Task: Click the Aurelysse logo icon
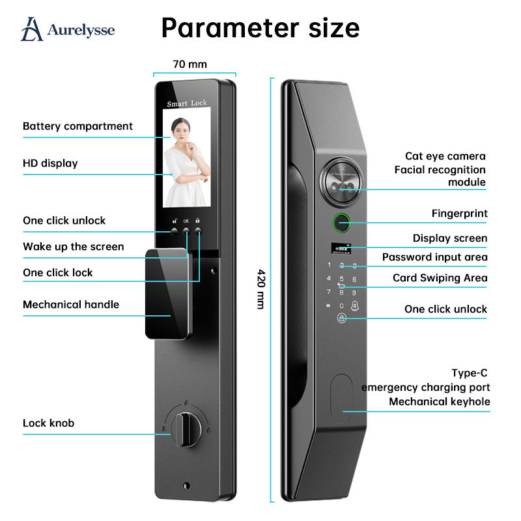pos(33,29)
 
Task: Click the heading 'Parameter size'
pos(260,28)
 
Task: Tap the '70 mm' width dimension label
pos(190,64)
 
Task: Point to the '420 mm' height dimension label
pos(260,289)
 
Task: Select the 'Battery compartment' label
pos(77,126)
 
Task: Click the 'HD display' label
pos(50,163)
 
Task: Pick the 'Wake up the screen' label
pos(73,246)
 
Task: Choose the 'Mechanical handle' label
pos(71,304)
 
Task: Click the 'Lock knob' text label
pos(49,423)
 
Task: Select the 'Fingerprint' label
pos(459,213)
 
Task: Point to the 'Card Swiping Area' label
pos(440,277)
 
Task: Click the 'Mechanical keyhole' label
pos(440,401)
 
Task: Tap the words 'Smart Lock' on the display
pos(187,104)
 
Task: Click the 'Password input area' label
pos(434,257)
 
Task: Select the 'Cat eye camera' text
pos(445,156)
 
